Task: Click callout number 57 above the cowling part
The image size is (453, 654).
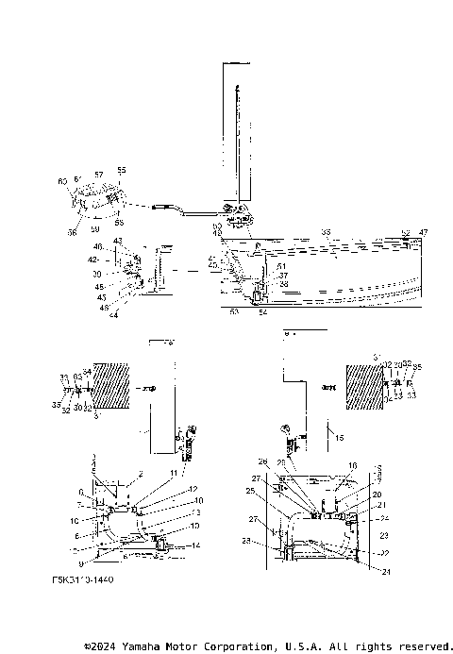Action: click(x=98, y=175)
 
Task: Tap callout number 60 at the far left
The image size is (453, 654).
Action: click(x=62, y=180)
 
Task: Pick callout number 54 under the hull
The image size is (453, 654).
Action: click(x=262, y=310)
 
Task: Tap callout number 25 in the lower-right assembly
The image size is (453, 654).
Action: click(x=249, y=492)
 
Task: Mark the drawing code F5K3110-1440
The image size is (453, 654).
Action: click(x=84, y=580)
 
